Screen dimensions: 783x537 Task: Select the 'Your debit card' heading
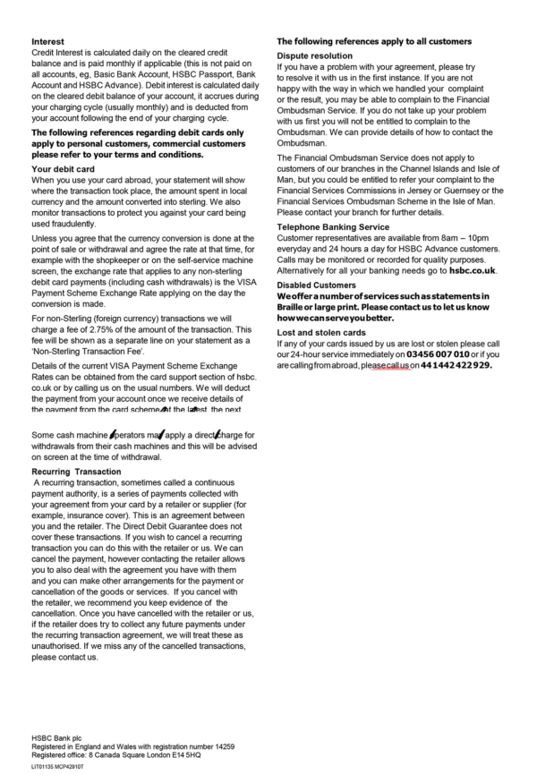[x=63, y=168]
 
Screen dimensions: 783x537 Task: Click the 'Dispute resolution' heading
[x=314, y=55]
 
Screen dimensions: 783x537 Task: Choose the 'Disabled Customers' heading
[x=318, y=285]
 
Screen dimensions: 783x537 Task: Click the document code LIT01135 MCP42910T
[x=57, y=767]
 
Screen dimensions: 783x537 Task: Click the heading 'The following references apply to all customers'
[x=373, y=42]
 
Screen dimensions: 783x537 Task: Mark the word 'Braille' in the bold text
[x=291, y=306]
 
